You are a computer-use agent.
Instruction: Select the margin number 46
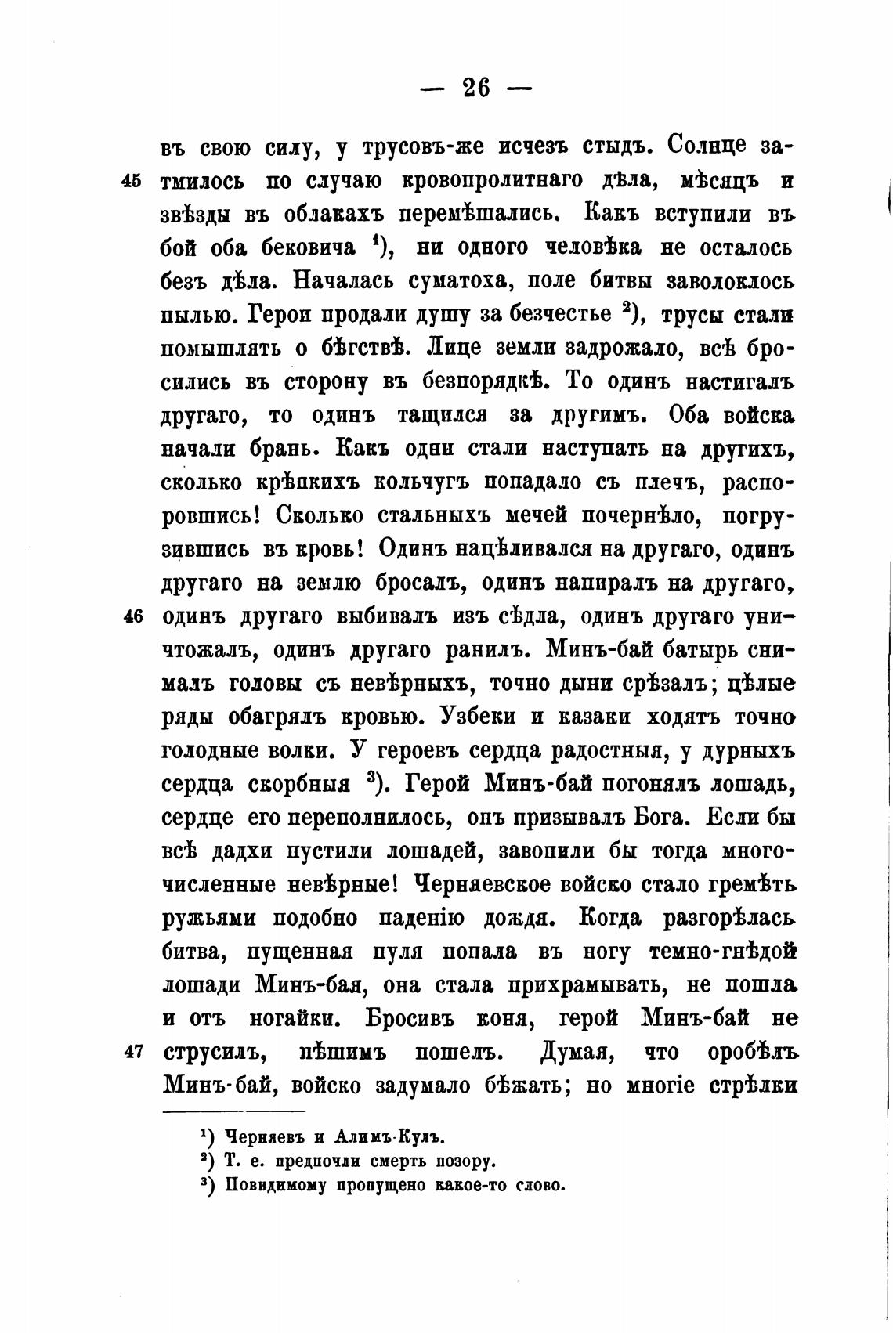132,617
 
